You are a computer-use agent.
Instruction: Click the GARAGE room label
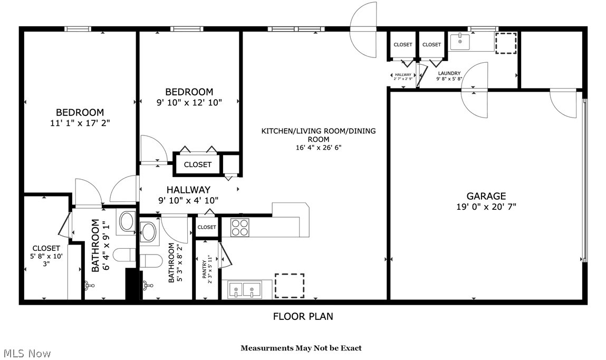coord(486,196)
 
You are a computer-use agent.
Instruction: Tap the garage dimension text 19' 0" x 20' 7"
coord(486,207)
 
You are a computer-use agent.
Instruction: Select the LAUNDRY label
coord(449,73)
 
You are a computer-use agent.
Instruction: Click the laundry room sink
coord(460,41)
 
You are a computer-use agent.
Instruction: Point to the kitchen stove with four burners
coord(239,227)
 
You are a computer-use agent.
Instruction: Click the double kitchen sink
coord(244,289)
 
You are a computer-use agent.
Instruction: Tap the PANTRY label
coord(203,269)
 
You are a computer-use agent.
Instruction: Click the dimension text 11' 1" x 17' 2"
coord(80,123)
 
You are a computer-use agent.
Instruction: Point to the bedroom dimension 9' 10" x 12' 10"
coord(189,102)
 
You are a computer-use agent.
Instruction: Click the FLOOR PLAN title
coord(303,316)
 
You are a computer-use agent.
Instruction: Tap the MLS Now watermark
coord(26,353)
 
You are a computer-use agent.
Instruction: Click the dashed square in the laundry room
coord(507,42)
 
